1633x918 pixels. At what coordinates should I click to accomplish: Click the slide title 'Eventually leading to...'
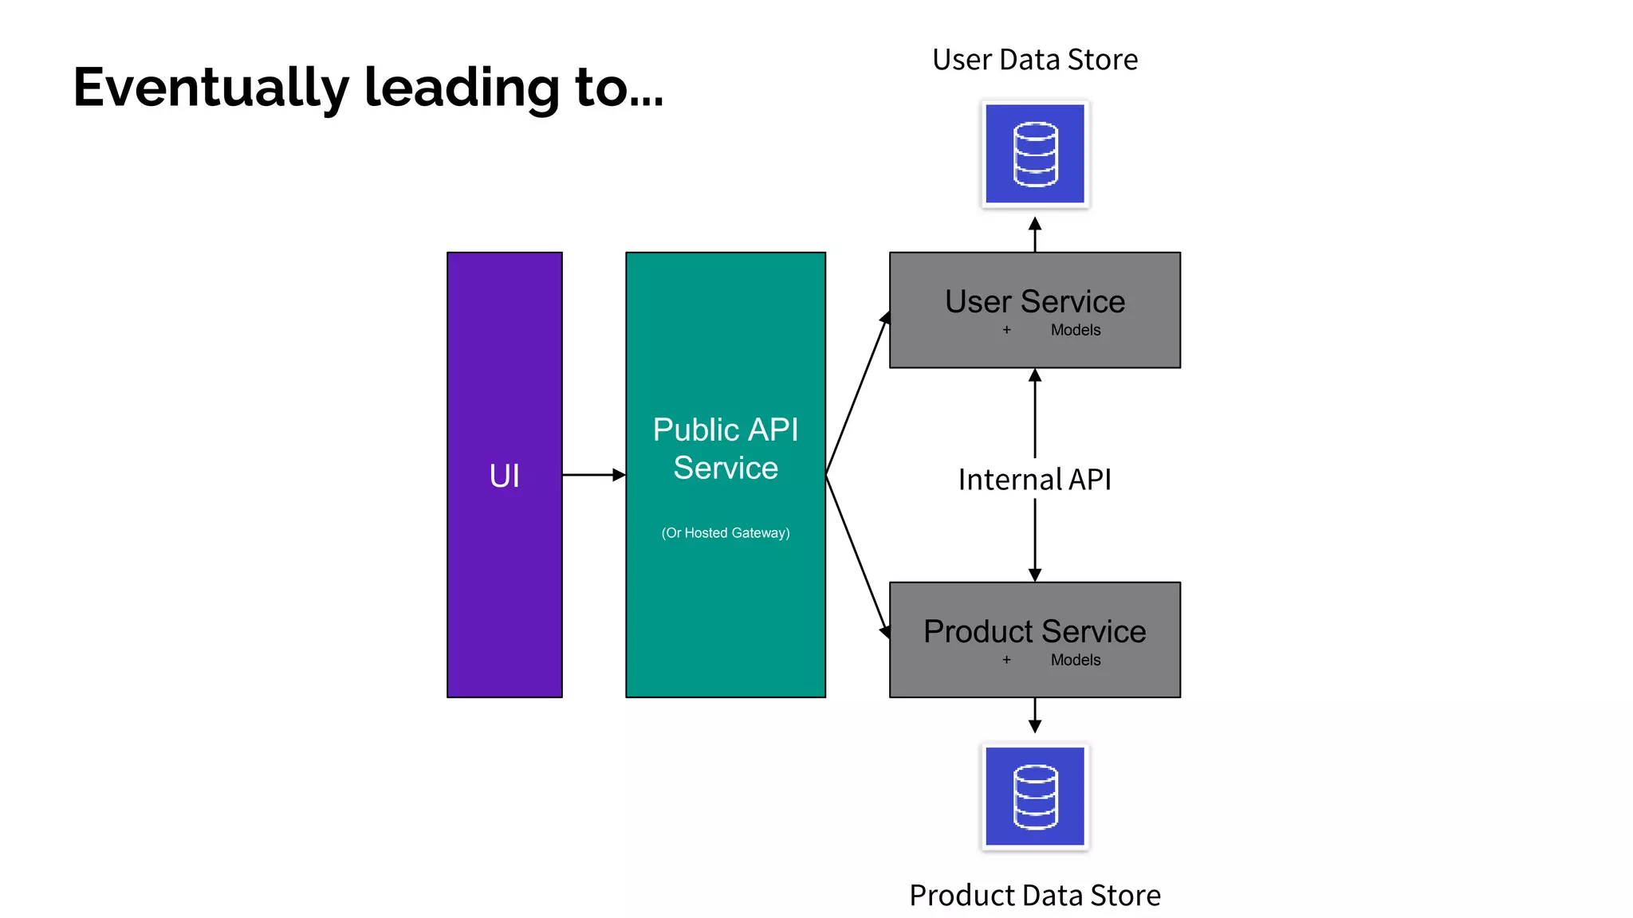(x=368, y=88)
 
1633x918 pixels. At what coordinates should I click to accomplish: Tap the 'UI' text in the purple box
(x=504, y=476)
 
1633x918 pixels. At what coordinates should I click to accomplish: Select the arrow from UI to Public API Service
(x=593, y=475)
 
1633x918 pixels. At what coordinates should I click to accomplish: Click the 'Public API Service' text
(x=725, y=449)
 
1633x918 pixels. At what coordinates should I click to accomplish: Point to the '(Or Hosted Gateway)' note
(x=725, y=533)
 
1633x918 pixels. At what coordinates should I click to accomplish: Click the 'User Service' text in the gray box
(x=1034, y=302)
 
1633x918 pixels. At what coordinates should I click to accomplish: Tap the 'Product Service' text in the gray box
(x=1034, y=632)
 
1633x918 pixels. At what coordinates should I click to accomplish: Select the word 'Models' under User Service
(x=1075, y=330)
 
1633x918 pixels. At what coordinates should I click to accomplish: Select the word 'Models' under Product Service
(x=1075, y=660)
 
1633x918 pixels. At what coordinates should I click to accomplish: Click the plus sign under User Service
(x=1006, y=330)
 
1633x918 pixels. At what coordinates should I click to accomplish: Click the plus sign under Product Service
(x=1006, y=660)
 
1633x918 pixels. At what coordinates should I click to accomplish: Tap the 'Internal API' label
(x=1034, y=480)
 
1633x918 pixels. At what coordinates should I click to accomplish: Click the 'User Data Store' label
(x=1034, y=60)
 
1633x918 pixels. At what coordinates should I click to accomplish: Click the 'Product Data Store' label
(x=1034, y=896)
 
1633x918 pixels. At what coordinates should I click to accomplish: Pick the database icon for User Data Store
(x=1034, y=154)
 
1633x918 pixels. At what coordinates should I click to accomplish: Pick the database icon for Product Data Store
(x=1034, y=796)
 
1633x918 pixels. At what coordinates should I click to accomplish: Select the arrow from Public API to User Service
(x=857, y=394)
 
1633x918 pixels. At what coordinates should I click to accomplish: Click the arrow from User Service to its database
(x=1034, y=234)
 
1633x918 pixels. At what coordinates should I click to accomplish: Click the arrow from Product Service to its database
(x=1034, y=715)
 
